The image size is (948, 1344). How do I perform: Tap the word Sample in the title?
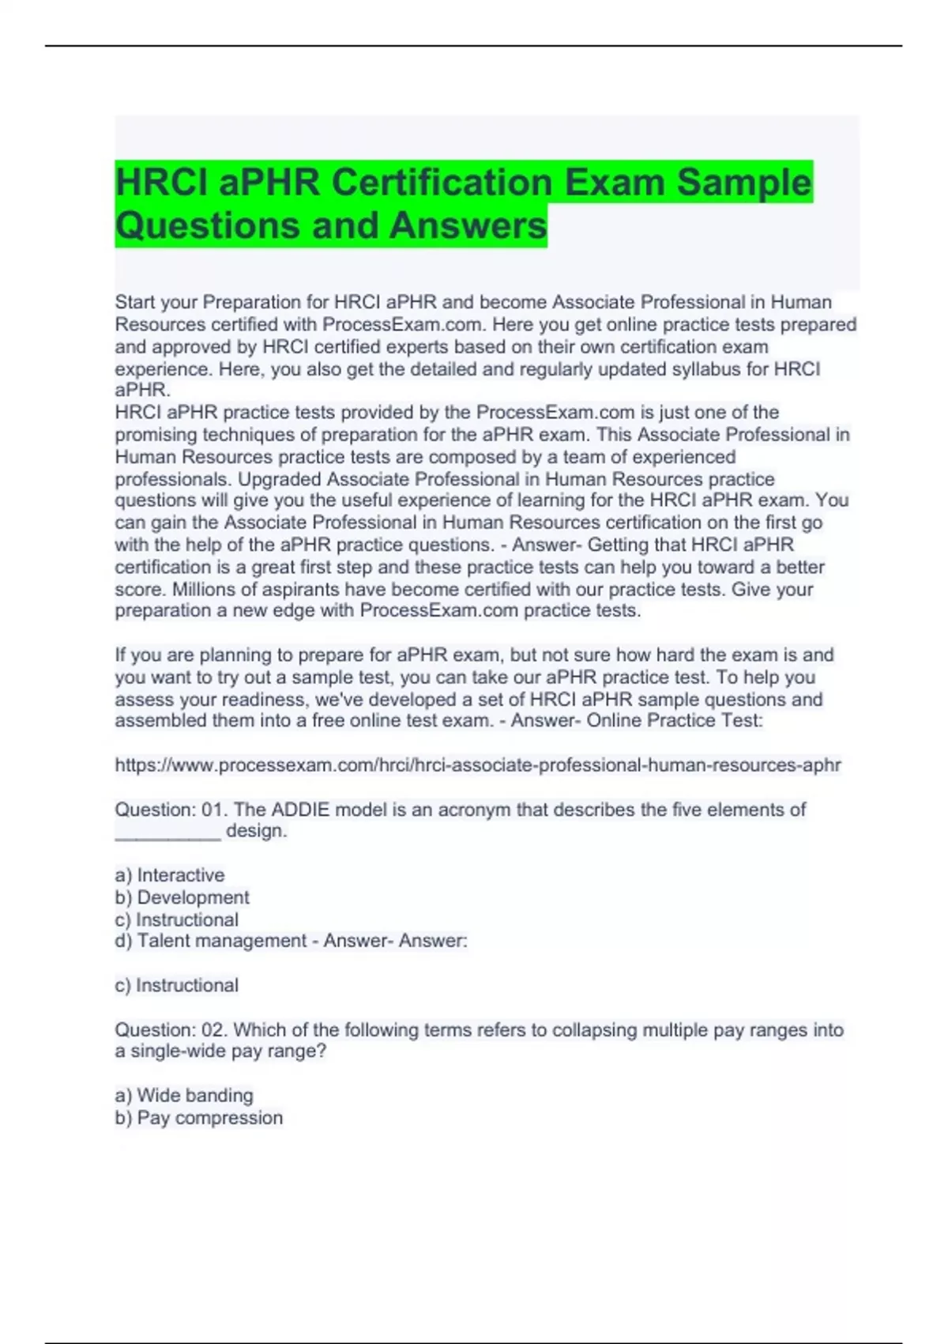click(743, 183)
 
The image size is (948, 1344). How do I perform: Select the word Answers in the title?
click(468, 225)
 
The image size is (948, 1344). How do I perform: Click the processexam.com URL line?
click(478, 765)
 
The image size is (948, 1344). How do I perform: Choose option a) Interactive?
click(170, 875)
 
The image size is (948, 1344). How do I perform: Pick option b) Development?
click(182, 897)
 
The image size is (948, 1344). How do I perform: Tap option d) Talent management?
click(211, 941)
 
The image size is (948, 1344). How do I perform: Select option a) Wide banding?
click(184, 1096)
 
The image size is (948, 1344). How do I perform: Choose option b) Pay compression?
click(198, 1118)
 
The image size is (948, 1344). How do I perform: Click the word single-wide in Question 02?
click(178, 1051)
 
